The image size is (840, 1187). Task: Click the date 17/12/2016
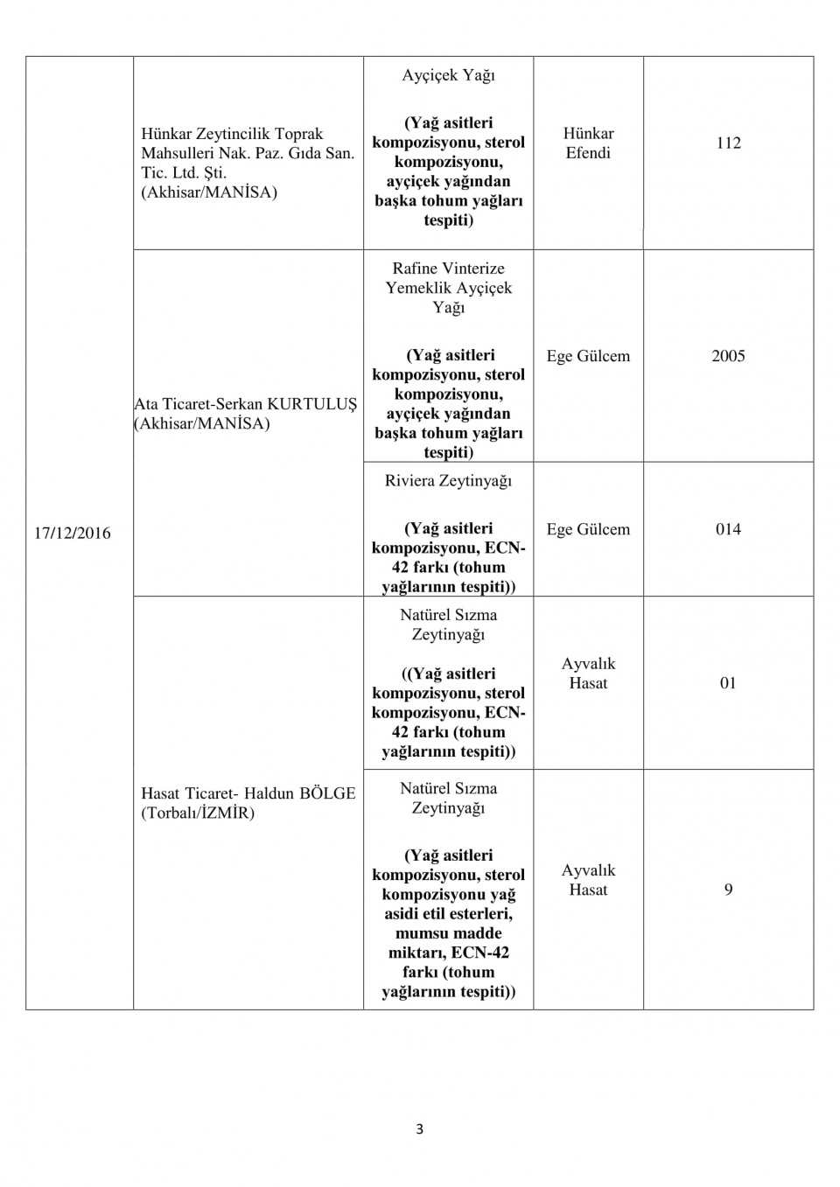pyautogui.click(x=72, y=534)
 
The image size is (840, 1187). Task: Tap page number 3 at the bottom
pyautogui.click(x=419, y=1129)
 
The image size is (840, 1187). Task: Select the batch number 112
pyautogui.click(x=728, y=143)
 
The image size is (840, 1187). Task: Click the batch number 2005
pyautogui.click(x=728, y=356)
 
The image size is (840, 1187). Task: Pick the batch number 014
pyautogui.click(x=728, y=529)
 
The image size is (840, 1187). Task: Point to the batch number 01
pyautogui.click(x=728, y=683)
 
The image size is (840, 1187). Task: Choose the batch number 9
pyautogui.click(x=728, y=890)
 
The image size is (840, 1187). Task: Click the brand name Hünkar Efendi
pyautogui.click(x=588, y=143)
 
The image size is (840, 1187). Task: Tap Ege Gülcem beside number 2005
pyautogui.click(x=588, y=356)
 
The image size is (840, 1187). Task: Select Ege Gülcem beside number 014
pyautogui.click(x=588, y=529)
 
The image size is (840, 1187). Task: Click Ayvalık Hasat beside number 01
pyautogui.click(x=588, y=674)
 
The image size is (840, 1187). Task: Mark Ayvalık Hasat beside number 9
pyautogui.click(x=588, y=880)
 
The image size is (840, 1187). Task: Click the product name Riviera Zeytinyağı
pyautogui.click(x=448, y=481)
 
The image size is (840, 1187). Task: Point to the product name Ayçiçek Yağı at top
pyautogui.click(x=448, y=76)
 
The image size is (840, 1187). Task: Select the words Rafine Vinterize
pyautogui.click(x=448, y=269)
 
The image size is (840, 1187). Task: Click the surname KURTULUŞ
pyautogui.click(x=312, y=404)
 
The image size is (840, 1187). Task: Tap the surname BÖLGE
pyautogui.click(x=327, y=793)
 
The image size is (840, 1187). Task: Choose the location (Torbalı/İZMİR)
pyautogui.click(x=198, y=813)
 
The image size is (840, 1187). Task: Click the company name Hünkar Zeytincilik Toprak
pyautogui.click(x=232, y=134)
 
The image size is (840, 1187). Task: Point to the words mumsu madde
pyautogui.click(x=448, y=933)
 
